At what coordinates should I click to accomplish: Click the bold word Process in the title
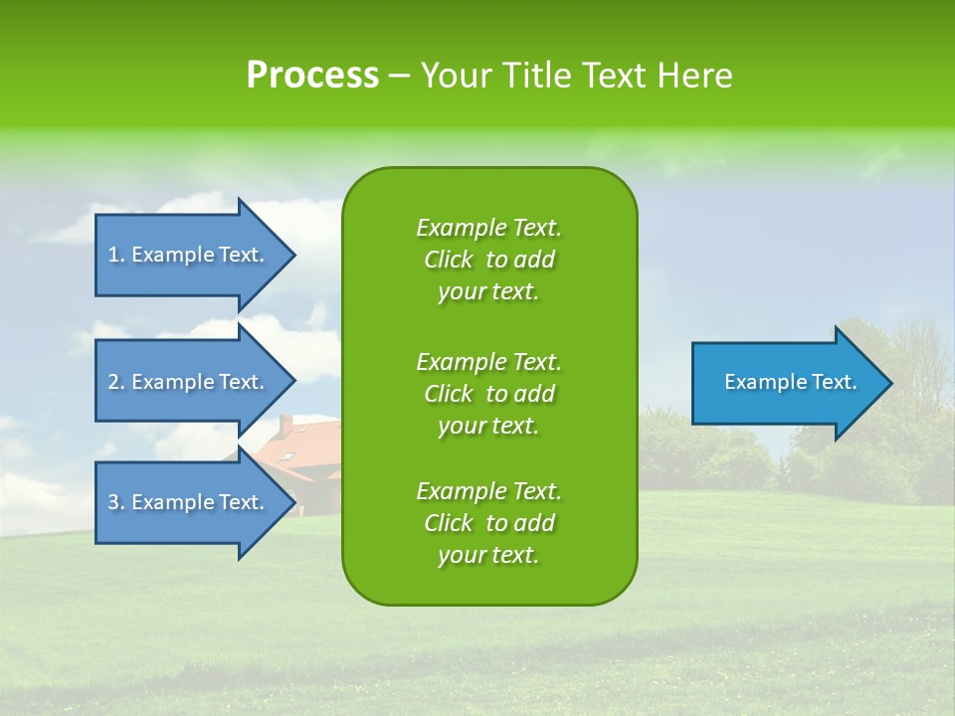[312, 75]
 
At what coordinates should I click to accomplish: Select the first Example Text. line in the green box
[488, 228]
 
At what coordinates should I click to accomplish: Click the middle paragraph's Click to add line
[488, 394]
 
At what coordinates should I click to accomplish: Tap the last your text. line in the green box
[488, 555]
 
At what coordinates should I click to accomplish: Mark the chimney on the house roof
[286, 425]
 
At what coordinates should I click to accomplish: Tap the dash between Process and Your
[399, 76]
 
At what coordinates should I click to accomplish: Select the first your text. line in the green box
[488, 291]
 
